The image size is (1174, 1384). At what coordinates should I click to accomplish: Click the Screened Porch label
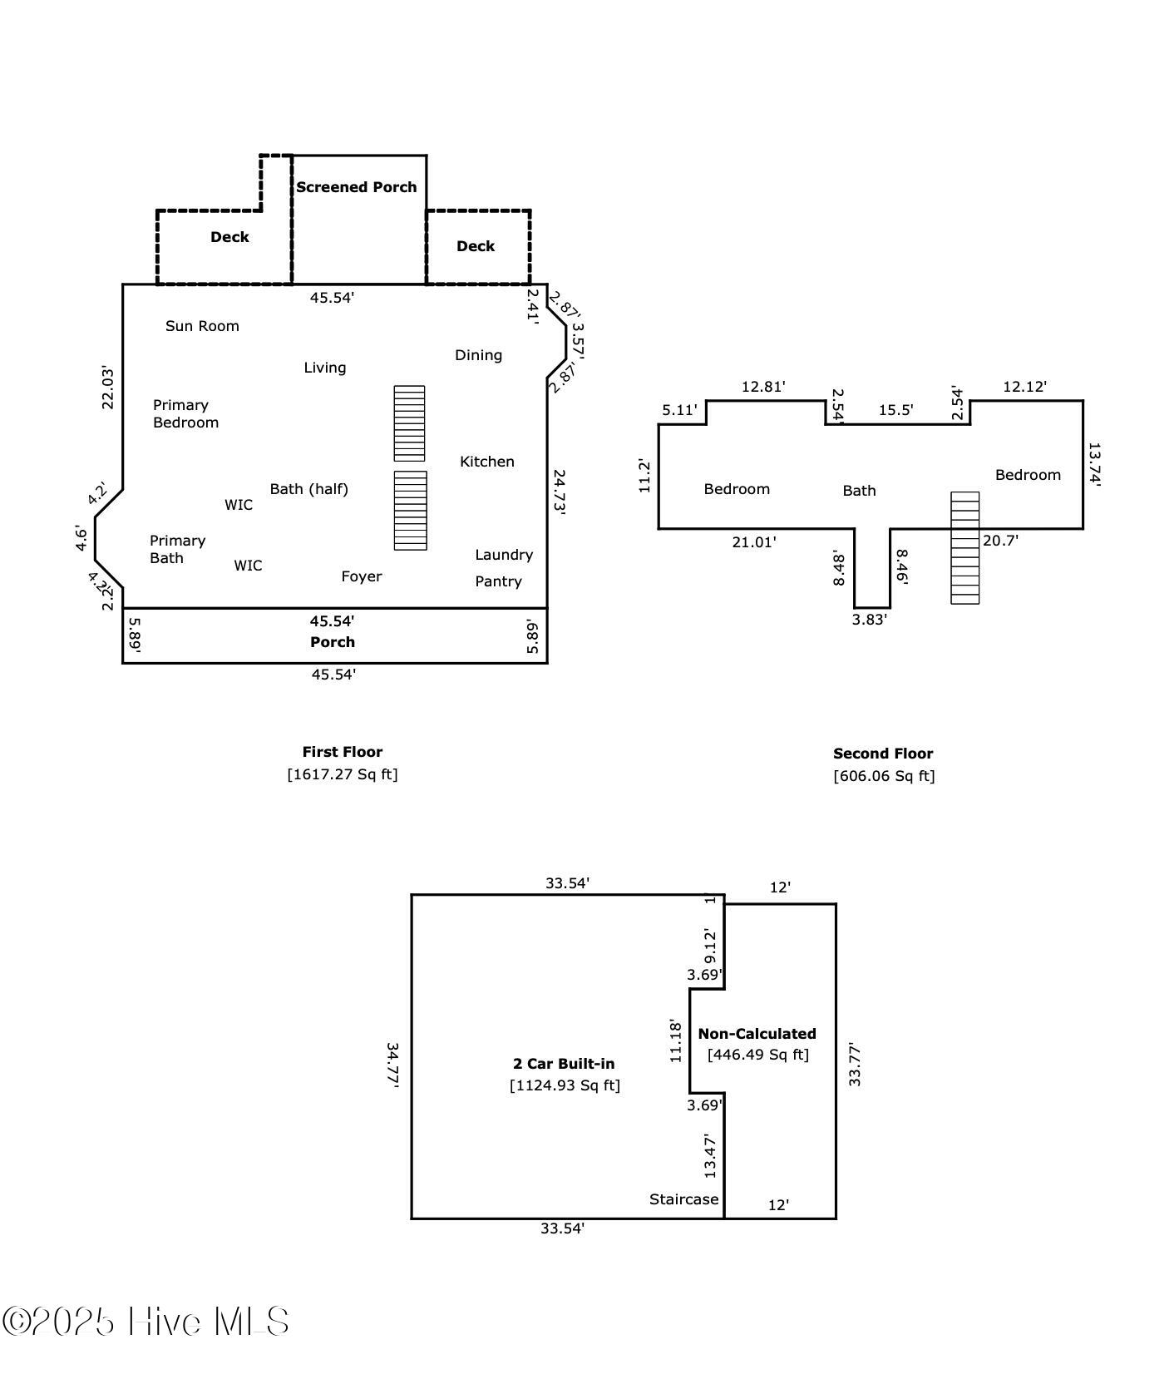click(x=357, y=187)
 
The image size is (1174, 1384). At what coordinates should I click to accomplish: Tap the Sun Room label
click(x=202, y=326)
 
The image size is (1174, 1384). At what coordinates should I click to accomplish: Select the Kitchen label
click(x=487, y=462)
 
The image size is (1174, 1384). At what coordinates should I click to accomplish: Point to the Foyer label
click(x=362, y=576)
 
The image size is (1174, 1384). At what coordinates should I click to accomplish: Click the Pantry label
click(x=499, y=581)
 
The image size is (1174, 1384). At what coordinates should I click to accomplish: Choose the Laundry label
click(x=504, y=555)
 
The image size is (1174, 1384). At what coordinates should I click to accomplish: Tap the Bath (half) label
click(x=309, y=489)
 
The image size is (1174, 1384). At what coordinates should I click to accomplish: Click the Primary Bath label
click(x=178, y=549)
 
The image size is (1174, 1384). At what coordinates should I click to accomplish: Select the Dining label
click(x=478, y=355)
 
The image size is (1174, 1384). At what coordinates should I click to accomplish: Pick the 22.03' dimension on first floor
click(x=108, y=388)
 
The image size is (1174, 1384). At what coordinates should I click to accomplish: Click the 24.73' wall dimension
click(x=559, y=493)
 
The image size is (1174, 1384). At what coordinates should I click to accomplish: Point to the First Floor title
click(x=343, y=752)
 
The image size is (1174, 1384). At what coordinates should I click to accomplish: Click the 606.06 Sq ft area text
click(x=885, y=776)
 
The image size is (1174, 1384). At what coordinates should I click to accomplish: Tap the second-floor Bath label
click(x=859, y=491)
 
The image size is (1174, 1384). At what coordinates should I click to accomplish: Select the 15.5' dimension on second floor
click(x=896, y=410)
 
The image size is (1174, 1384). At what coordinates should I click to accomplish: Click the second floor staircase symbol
click(x=965, y=547)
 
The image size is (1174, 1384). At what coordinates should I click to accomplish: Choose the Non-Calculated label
click(x=757, y=1034)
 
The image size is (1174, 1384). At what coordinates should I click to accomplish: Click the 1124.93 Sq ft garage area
click(x=565, y=1085)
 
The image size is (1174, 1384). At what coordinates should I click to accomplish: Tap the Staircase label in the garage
click(x=683, y=1199)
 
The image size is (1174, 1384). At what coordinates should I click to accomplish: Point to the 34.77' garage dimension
click(x=393, y=1065)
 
